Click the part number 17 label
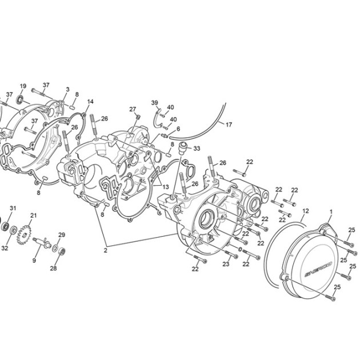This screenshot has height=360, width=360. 229,125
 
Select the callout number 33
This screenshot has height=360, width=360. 197,149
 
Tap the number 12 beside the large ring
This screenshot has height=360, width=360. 306,211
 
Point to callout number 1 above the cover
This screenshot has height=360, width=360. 331,212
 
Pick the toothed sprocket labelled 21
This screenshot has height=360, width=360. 23,235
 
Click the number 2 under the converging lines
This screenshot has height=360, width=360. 105,250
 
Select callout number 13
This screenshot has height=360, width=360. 166,187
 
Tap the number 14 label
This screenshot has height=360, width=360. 90,102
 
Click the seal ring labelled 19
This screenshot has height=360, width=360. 20,99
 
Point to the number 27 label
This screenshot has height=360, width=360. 133,109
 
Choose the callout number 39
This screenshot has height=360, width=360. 154,103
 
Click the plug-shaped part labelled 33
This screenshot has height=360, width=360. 183,148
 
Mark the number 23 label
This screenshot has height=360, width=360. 226,264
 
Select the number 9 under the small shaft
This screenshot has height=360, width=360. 34,261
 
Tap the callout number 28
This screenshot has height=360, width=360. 53,268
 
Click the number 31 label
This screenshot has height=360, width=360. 13,208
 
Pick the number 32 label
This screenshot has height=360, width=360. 5,248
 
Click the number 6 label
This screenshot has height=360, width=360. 178,129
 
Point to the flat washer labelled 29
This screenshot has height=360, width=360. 55,248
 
